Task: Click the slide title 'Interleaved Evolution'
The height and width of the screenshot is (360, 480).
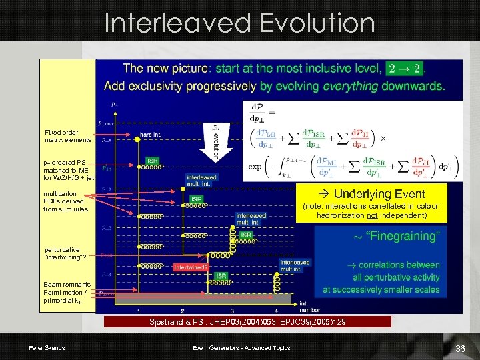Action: click(240, 23)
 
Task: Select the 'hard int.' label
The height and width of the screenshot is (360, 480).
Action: click(150, 134)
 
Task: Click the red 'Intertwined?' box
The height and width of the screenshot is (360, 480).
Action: click(191, 267)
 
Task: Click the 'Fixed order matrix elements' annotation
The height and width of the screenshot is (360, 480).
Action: click(67, 136)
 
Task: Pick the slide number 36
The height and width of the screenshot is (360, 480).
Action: click(459, 349)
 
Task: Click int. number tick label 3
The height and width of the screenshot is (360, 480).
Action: click(231, 311)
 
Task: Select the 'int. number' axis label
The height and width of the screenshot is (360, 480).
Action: click(307, 305)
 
